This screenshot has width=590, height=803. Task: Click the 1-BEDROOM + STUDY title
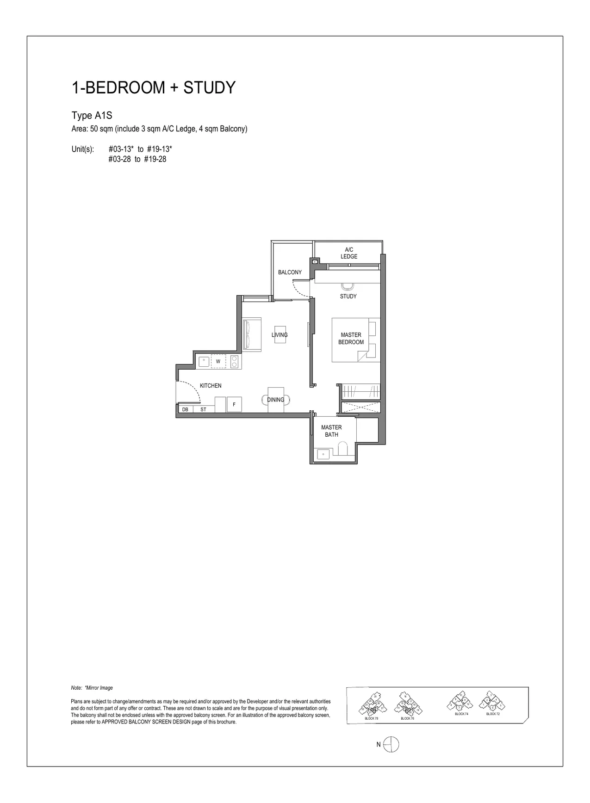153,88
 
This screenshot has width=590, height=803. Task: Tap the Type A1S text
92,116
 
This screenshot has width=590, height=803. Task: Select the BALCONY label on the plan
290,272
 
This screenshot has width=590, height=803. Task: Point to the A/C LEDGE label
349,253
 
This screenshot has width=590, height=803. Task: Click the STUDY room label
348,296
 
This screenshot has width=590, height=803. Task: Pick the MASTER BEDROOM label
351,339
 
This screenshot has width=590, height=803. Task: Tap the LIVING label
279,335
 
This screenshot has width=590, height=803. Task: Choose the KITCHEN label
211,386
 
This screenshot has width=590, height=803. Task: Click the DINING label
276,400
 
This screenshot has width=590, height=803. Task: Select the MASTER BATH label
331,431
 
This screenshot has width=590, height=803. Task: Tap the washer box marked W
218,361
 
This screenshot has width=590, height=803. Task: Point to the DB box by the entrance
185,409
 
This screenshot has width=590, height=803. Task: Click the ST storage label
203,409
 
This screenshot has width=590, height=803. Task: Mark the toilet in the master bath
343,449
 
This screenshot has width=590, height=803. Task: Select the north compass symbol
391,744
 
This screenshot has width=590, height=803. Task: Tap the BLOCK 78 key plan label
371,718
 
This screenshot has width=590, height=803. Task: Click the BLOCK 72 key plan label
493,714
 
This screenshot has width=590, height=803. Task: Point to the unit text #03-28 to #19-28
137,159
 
